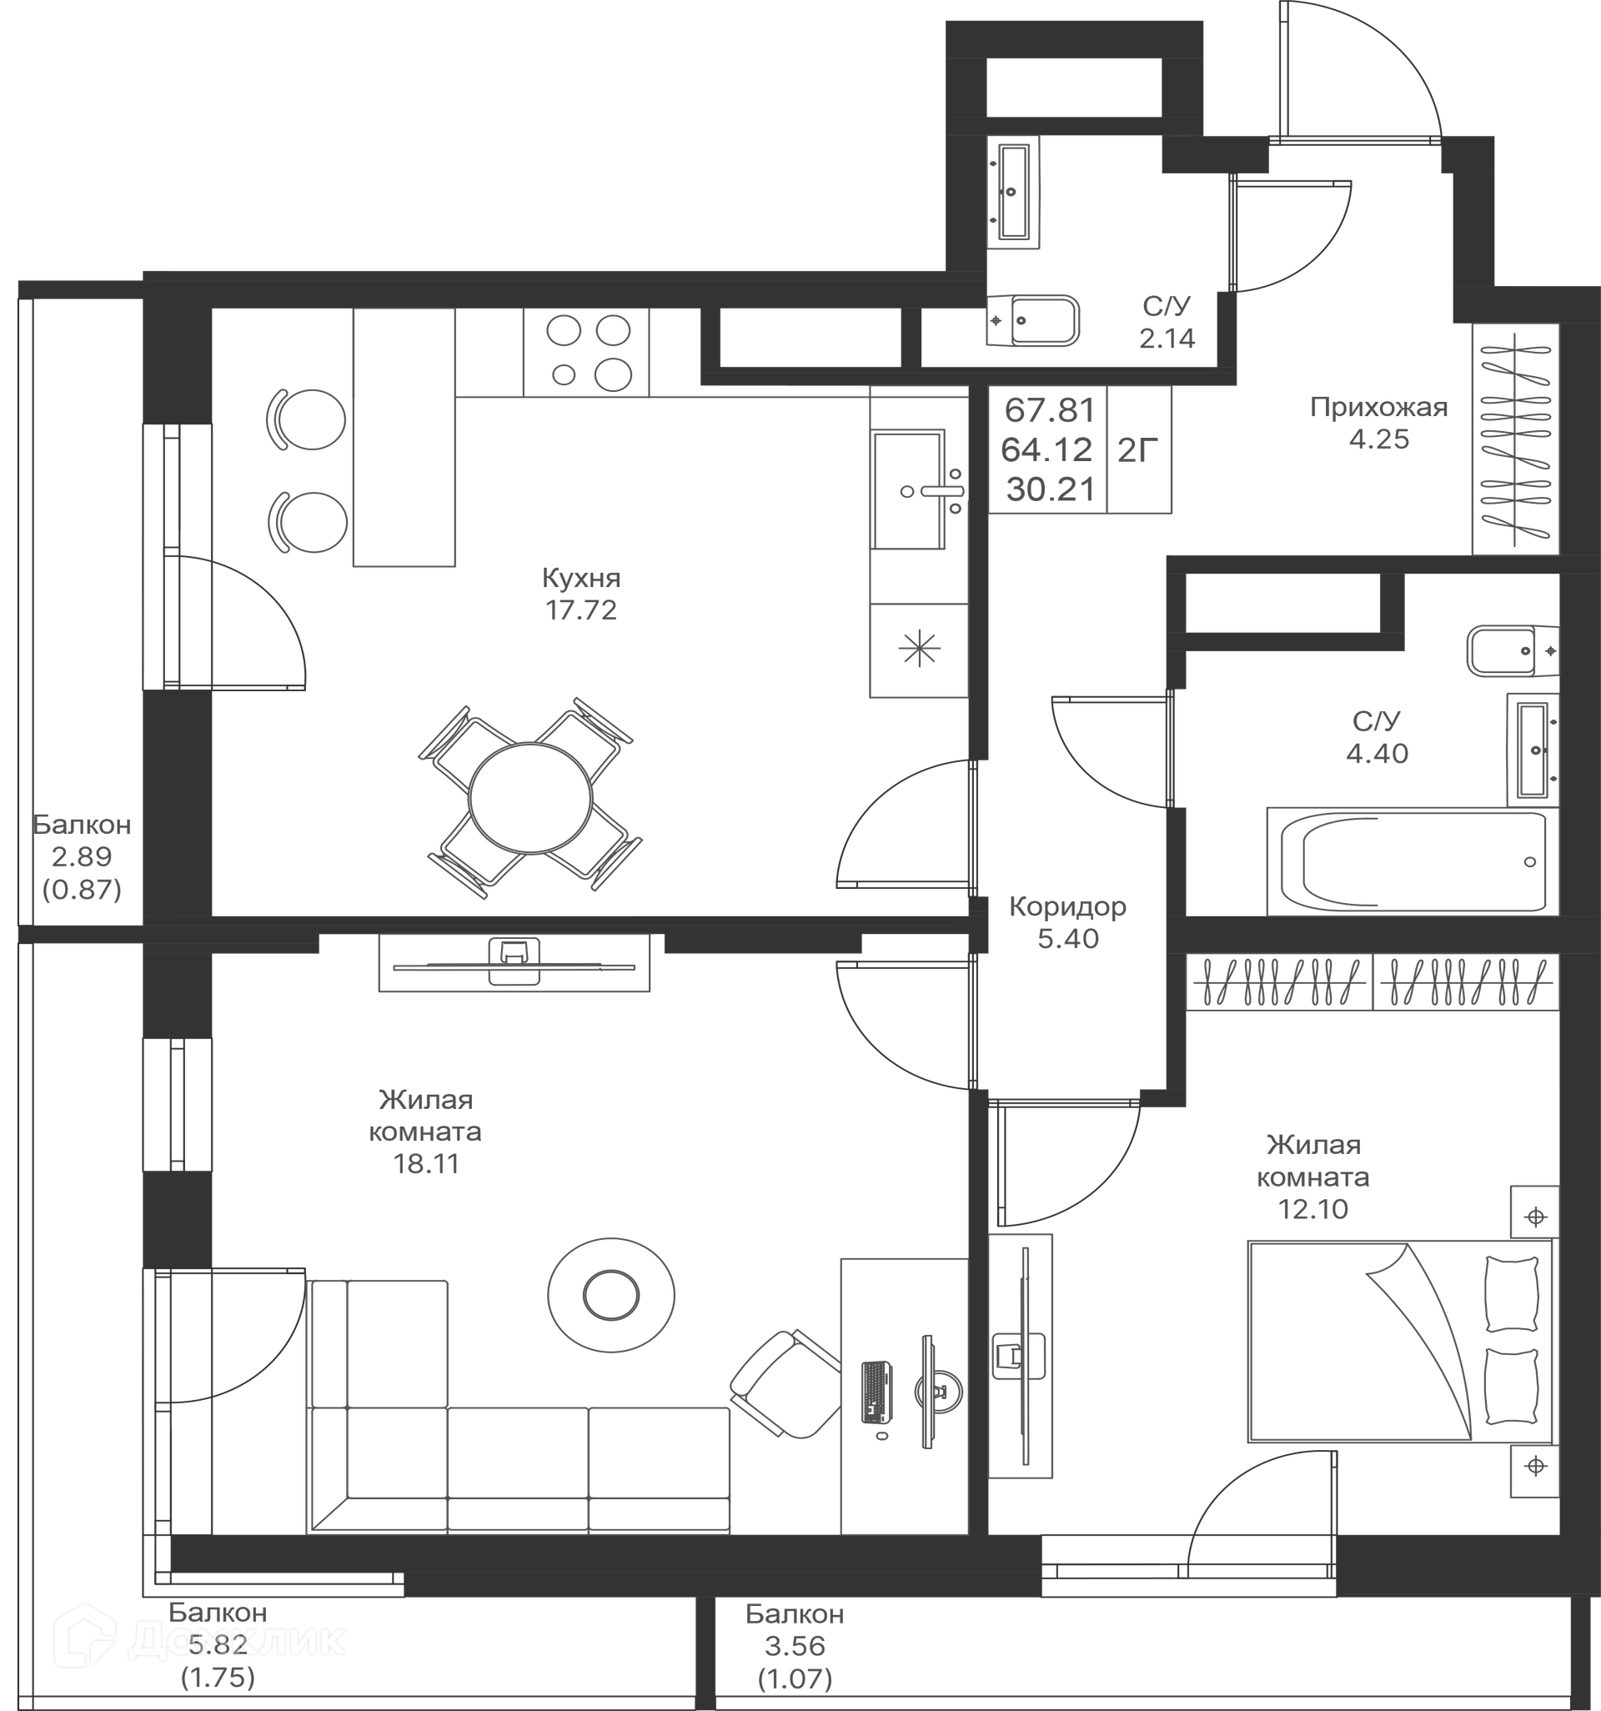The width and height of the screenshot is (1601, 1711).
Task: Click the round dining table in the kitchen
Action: point(530,799)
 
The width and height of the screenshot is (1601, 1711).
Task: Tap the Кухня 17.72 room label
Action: point(581,594)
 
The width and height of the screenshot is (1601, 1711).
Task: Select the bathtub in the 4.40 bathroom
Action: point(1412,861)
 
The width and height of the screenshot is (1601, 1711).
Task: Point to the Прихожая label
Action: point(1379,407)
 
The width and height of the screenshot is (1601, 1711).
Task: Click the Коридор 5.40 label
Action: point(1067,923)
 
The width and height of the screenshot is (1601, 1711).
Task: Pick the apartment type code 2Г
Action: point(1138,450)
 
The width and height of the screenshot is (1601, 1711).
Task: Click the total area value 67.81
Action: point(1050,410)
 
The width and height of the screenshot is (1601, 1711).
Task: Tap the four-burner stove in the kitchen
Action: point(586,352)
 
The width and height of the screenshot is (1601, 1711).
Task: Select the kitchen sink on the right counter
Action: point(917,489)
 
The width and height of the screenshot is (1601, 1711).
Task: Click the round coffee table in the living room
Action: point(611,1295)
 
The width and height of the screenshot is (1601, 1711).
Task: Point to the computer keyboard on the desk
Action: point(877,1393)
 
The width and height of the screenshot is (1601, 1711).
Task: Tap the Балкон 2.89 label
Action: point(82,857)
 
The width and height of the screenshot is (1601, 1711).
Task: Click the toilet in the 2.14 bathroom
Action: point(1033,320)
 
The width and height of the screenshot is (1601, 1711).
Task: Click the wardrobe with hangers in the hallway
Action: point(1516,439)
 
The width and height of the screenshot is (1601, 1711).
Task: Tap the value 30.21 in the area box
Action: point(1050,489)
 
